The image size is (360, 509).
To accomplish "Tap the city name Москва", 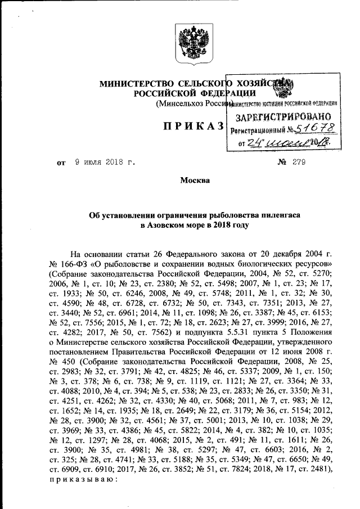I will (195, 181).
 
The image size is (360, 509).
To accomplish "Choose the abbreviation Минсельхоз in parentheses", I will (181, 104).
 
